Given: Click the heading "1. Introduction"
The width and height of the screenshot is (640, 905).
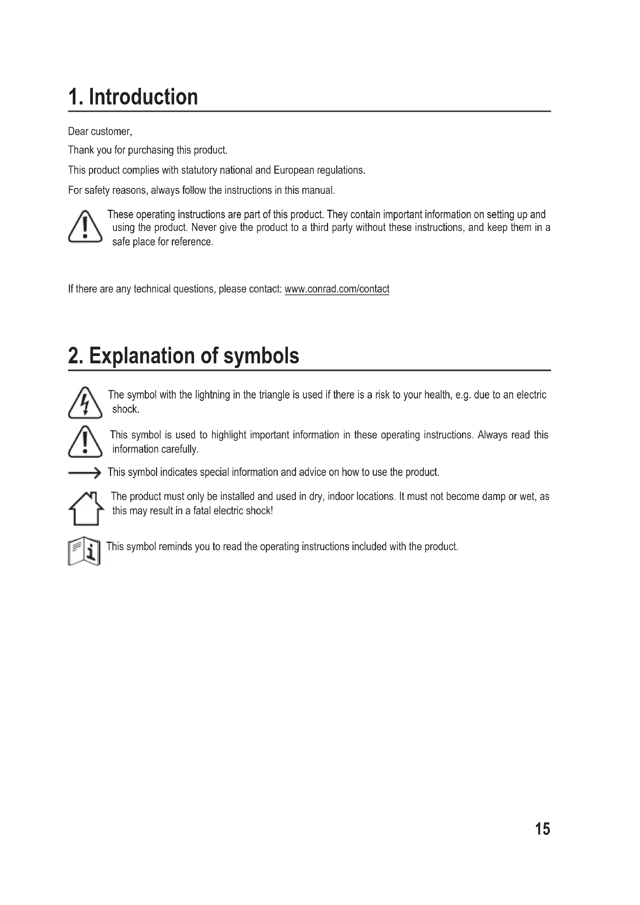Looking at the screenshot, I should (x=133, y=97).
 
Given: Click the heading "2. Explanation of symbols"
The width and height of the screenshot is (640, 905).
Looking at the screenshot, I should (x=183, y=356).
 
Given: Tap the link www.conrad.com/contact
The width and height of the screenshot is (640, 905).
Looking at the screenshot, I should (x=337, y=289).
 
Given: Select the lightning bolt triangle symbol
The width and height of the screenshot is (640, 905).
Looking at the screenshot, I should (x=85, y=403).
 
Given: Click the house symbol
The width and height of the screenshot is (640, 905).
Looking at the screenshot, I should (x=86, y=509).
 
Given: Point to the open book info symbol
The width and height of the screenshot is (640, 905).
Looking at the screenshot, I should (x=84, y=551).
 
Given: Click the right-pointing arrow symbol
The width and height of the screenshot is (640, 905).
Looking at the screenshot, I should (x=85, y=472).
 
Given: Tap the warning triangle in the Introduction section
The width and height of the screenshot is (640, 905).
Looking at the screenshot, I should (x=85, y=227).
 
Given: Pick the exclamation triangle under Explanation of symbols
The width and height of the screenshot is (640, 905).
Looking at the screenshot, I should (x=85, y=442).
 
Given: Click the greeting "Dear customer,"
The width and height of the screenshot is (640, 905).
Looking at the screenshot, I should (x=100, y=132).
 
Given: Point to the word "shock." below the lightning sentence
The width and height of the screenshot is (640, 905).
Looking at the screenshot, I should (x=126, y=409).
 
